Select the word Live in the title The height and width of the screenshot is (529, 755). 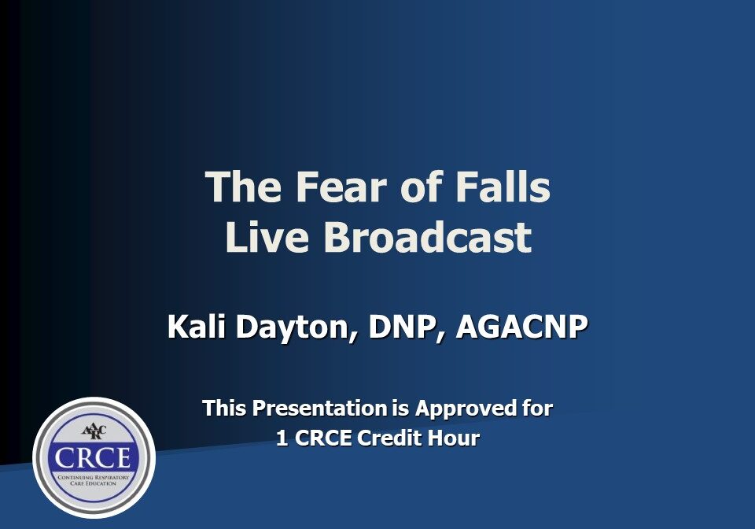[x=267, y=238]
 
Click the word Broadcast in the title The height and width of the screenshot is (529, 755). [x=427, y=238]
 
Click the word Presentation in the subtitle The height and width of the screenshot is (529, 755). [x=320, y=409]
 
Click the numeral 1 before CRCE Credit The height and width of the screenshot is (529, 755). [x=282, y=438]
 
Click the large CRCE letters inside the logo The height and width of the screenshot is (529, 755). [x=94, y=458]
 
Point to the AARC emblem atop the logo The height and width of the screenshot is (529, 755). [x=94, y=431]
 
